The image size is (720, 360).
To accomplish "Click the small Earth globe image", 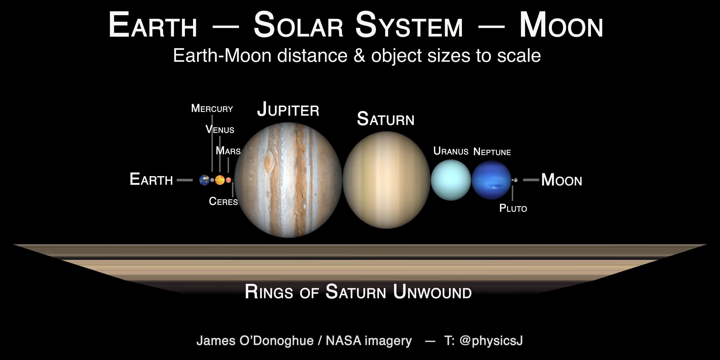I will click(x=204, y=180).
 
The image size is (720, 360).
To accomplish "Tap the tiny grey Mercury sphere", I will click(x=212, y=180).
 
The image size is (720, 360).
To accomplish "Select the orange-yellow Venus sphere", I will click(x=220, y=180).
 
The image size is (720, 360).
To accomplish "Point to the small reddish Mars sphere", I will click(x=228, y=180).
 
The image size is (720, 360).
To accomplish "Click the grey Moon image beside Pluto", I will click(x=516, y=180).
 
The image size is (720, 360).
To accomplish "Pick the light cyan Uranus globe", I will click(x=451, y=180).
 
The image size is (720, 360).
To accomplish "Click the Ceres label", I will click(x=223, y=201).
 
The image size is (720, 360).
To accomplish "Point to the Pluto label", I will click(x=513, y=208).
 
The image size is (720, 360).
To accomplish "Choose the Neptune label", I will click(x=492, y=152).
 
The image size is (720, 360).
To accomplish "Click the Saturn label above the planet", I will click(x=386, y=119).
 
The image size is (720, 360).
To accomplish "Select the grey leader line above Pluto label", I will click(x=512, y=193).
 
